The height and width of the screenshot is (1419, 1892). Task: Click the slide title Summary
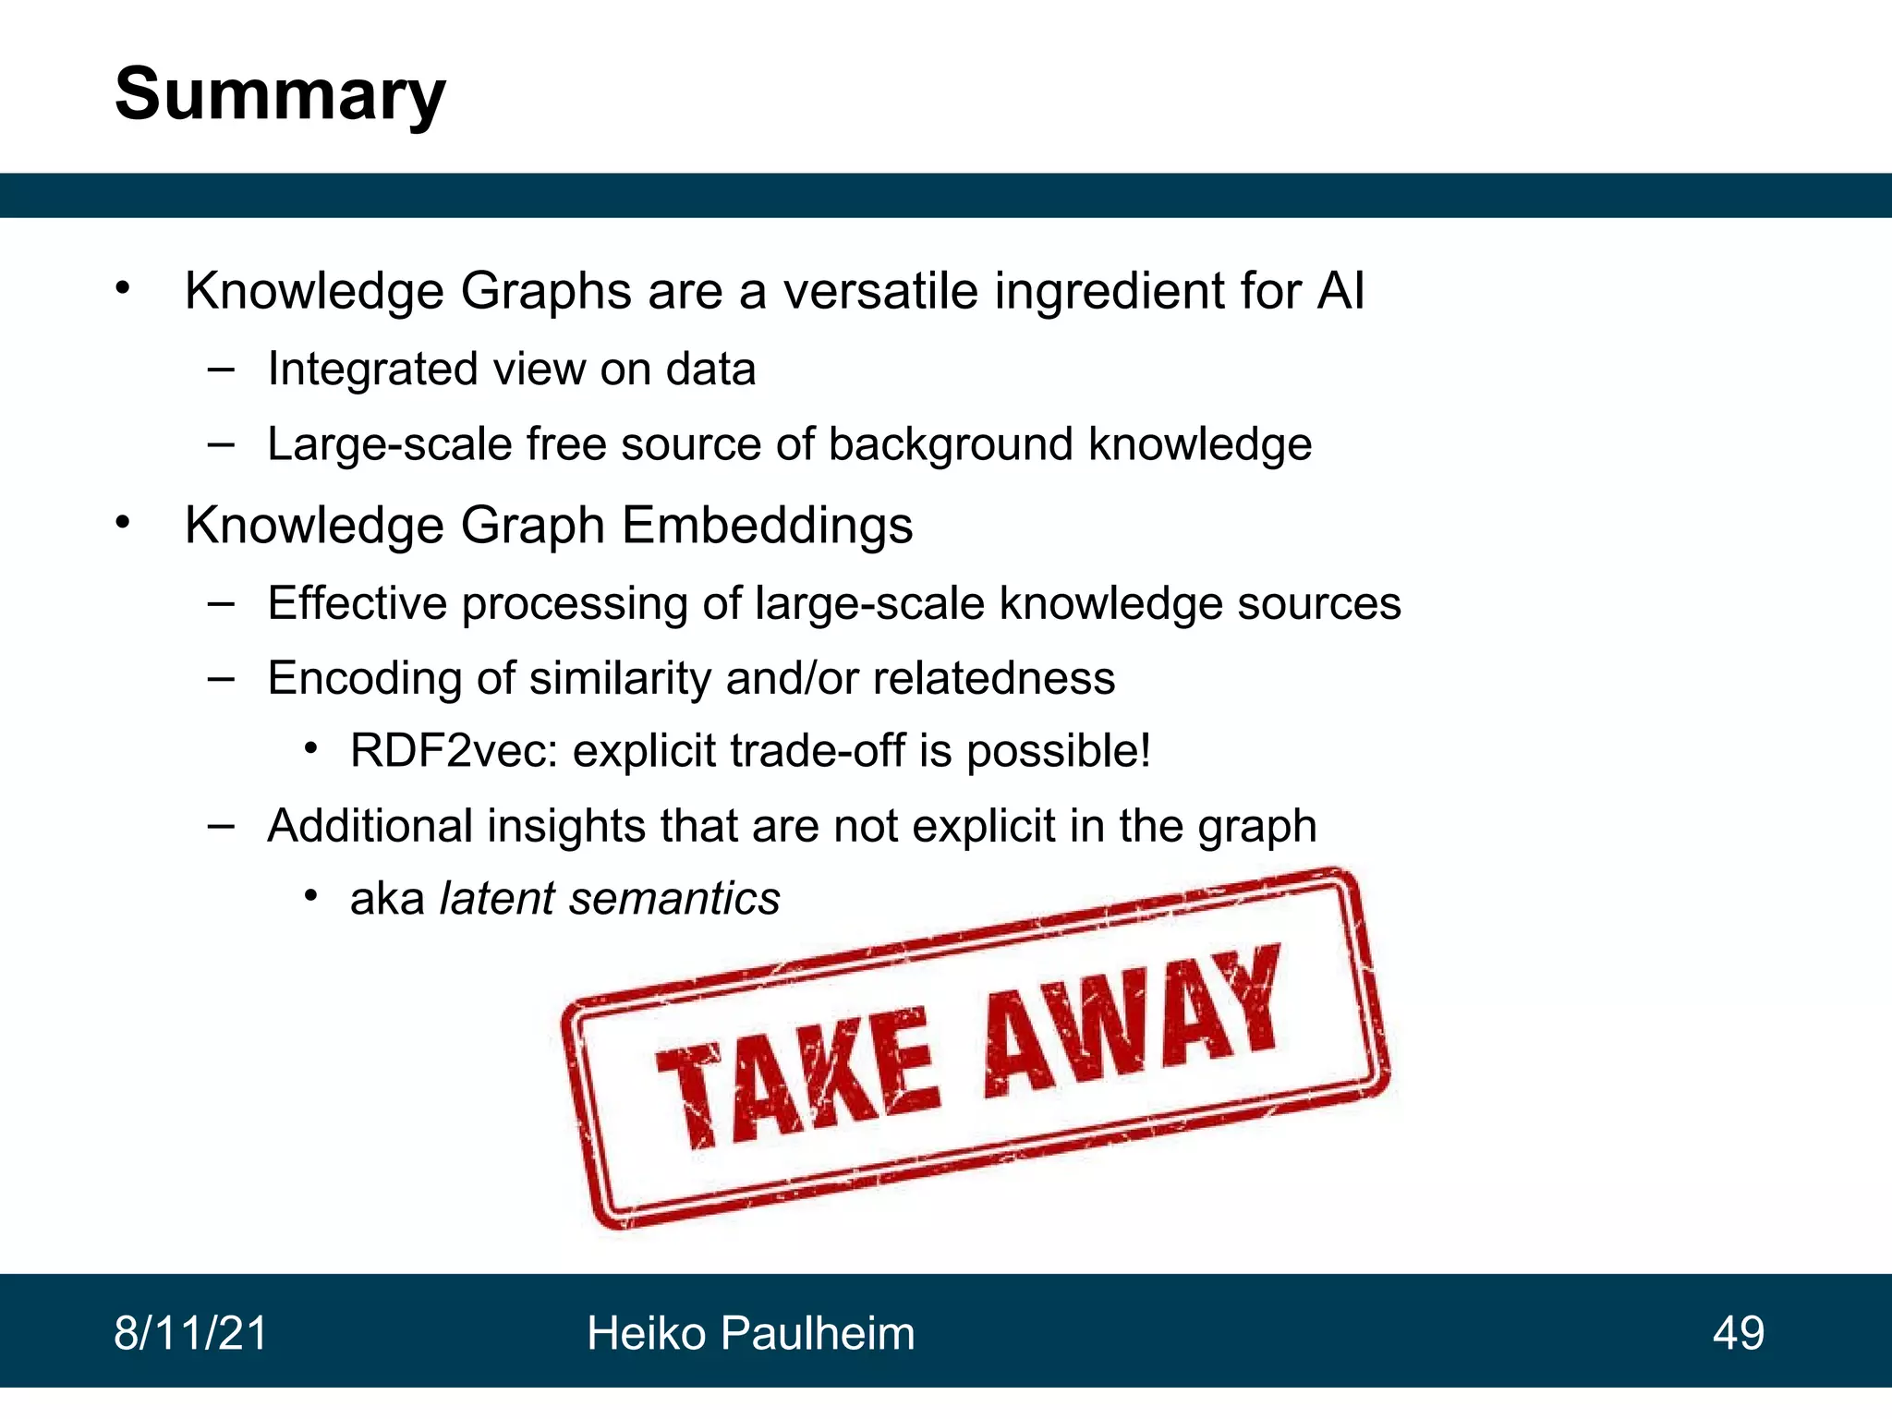tap(280, 95)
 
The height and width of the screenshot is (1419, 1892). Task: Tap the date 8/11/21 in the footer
tap(190, 1333)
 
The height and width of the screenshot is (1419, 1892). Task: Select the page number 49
tap(1738, 1333)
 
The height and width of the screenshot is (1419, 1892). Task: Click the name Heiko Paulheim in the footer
tap(750, 1333)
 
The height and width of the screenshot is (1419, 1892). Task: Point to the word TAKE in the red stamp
tap(796, 1079)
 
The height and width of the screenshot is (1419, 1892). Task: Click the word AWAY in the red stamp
tap(1133, 1021)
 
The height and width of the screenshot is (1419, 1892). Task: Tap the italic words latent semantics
tap(610, 898)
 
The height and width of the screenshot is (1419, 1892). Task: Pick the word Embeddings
tap(767, 525)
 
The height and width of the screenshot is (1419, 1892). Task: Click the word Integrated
tap(372, 370)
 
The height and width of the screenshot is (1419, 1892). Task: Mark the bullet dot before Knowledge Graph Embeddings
tap(124, 524)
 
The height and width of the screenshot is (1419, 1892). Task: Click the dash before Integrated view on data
tap(221, 370)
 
